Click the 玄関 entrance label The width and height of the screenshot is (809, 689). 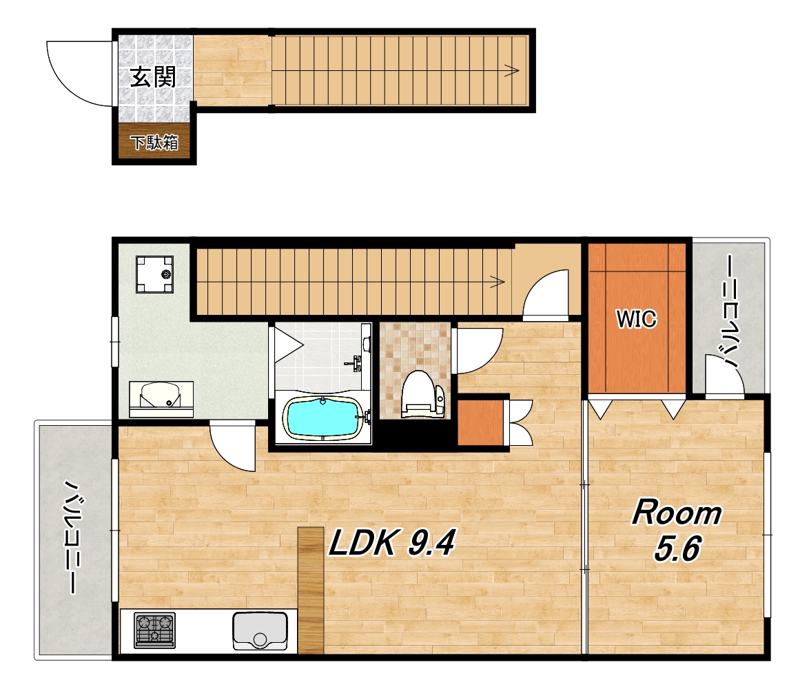[x=153, y=77]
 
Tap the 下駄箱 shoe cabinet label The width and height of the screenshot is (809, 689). [x=154, y=142]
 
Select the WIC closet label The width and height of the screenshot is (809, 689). [x=637, y=319]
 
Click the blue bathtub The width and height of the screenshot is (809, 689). [x=322, y=418]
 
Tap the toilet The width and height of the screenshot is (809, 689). [x=422, y=394]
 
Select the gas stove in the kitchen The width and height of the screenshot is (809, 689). [x=155, y=630]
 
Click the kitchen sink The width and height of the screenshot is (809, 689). [x=260, y=630]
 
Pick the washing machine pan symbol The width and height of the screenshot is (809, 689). [x=154, y=274]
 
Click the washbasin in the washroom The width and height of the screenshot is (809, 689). [x=161, y=398]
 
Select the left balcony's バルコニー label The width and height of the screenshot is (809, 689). [x=73, y=537]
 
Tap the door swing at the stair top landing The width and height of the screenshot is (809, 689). [x=545, y=293]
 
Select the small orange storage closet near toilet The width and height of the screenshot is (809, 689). [x=481, y=422]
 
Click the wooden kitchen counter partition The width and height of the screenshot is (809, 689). [x=311, y=590]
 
